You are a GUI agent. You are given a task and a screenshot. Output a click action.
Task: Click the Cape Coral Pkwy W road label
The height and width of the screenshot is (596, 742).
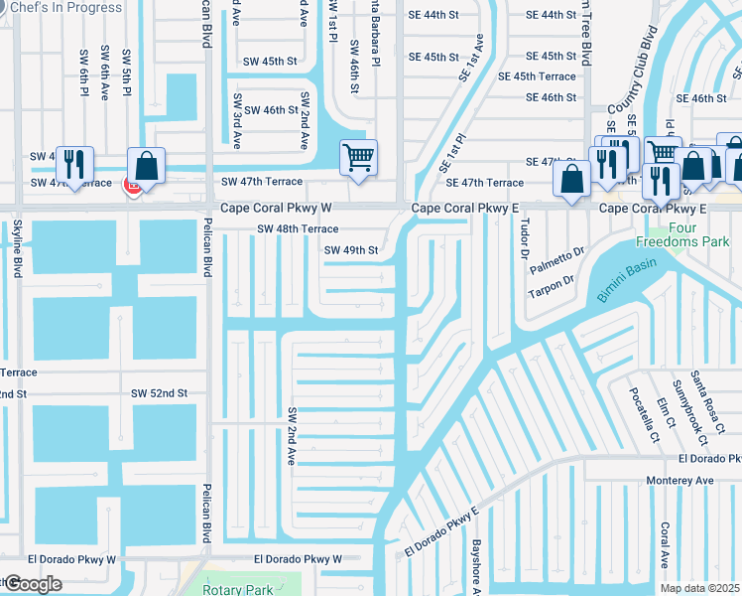point(275,208)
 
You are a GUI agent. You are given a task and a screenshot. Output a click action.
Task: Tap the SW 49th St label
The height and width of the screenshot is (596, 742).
point(351,250)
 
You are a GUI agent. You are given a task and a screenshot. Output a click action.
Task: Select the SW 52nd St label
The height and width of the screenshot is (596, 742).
point(160,393)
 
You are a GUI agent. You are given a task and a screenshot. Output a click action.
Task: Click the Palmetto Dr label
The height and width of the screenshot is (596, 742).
point(558,257)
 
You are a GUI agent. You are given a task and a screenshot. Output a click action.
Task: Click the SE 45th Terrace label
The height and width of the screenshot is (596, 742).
point(537,76)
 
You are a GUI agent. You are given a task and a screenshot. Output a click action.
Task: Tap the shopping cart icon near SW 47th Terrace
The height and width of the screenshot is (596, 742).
point(358,157)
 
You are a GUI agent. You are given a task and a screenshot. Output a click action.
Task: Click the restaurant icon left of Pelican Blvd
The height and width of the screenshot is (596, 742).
point(74,164)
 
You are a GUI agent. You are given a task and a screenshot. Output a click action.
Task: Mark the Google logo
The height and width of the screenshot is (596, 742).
point(32,585)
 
